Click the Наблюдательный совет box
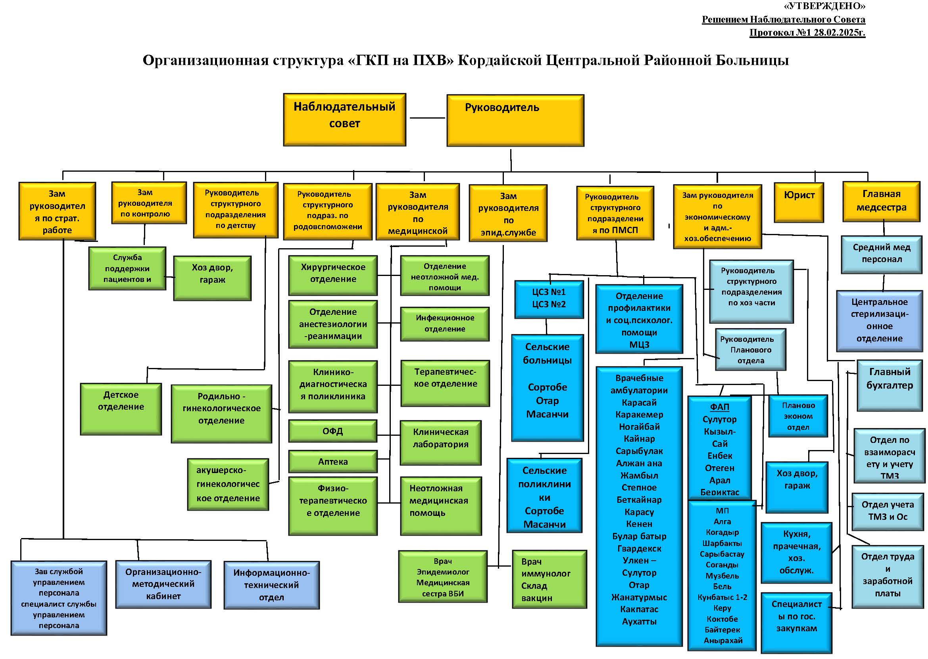(x=344, y=120)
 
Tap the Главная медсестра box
(x=881, y=201)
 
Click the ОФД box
(x=332, y=431)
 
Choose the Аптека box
(x=332, y=462)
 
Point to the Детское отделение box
(x=121, y=409)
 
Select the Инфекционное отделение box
(x=444, y=324)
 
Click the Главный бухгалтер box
(x=889, y=385)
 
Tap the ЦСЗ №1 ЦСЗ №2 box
(x=548, y=299)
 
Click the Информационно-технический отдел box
(x=271, y=585)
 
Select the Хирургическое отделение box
(x=333, y=275)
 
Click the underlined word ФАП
(x=719, y=407)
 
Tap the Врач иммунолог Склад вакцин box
(x=549, y=579)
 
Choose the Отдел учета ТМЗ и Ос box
(x=888, y=511)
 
